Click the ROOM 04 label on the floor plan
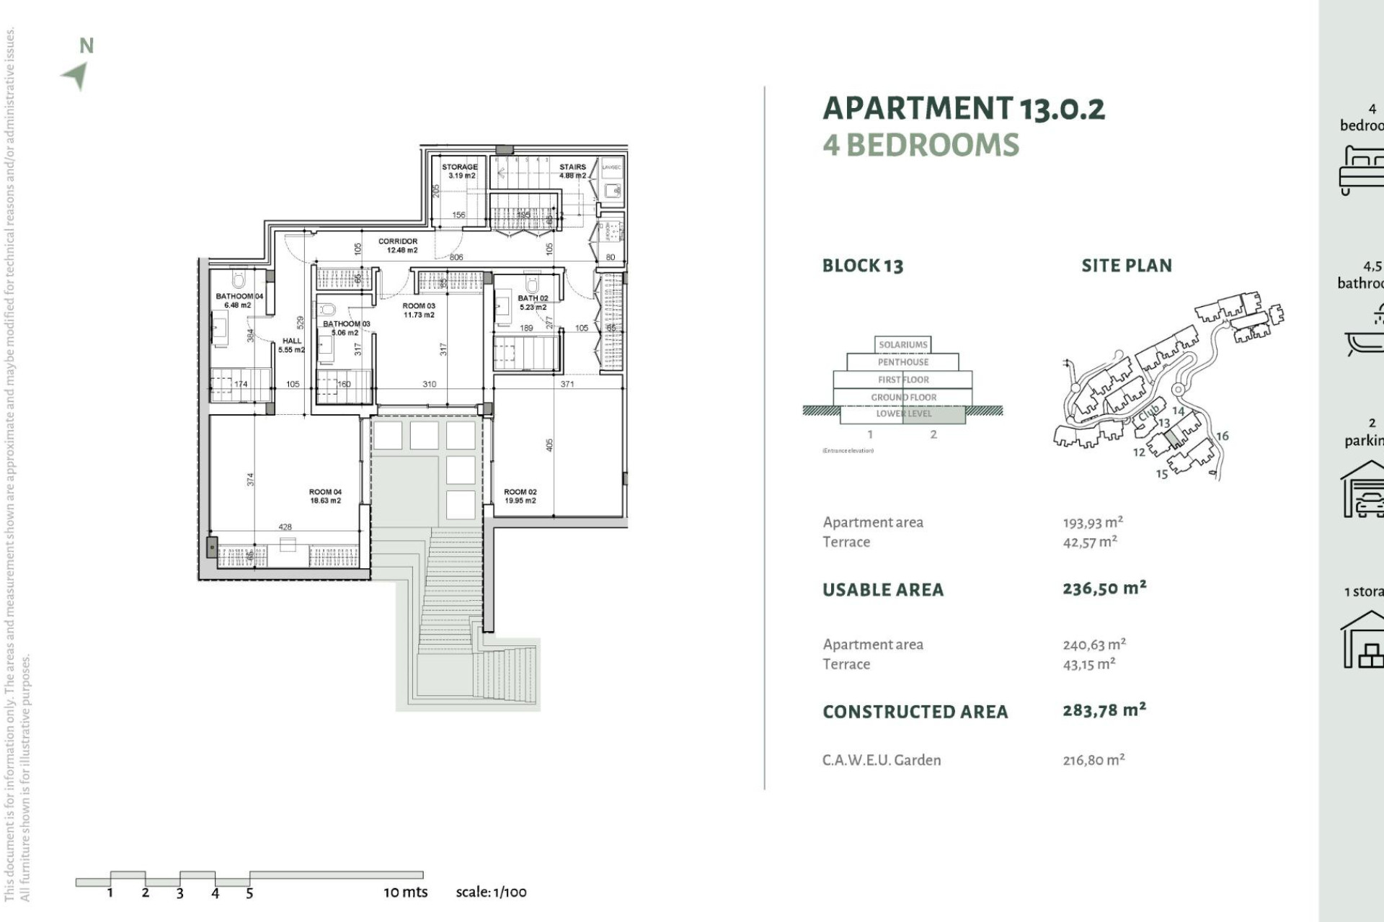click(x=325, y=496)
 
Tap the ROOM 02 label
click(x=520, y=496)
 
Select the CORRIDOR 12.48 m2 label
click(x=399, y=246)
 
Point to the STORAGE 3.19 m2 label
click(x=459, y=171)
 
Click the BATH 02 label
click(x=533, y=303)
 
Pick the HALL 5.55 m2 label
click(x=292, y=345)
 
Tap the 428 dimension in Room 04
click(x=285, y=527)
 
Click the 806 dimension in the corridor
click(x=456, y=257)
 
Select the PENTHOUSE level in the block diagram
click(x=902, y=362)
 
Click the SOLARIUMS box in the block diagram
click(x=902, y=344)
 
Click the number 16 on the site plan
click(x=1223, y=436)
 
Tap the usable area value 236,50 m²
click(x=1104, y=588)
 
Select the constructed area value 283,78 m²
click(x=1104, y=710)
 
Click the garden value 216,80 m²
click(x=1094, y=760)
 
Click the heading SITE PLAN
click(x=1126, y=266)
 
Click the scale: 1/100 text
click(x=491, y=892)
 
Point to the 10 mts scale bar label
click(x=405, y=892)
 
